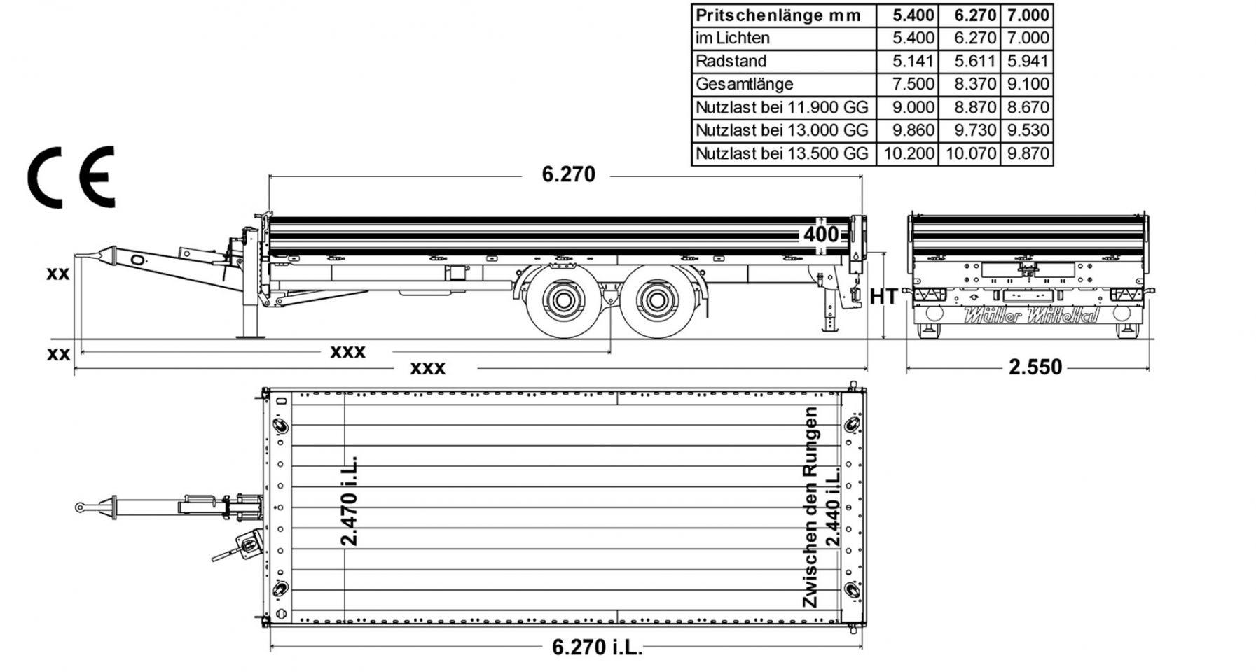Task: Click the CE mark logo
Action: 71,177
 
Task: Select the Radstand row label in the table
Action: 731,61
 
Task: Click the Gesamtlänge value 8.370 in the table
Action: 974,84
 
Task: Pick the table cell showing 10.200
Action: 909,153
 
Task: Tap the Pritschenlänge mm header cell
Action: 778,15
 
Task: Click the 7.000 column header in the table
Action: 1028,15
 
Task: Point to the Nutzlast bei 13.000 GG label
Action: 782,130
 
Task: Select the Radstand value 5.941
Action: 1028,61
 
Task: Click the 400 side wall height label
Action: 820,234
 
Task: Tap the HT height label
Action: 883,297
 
